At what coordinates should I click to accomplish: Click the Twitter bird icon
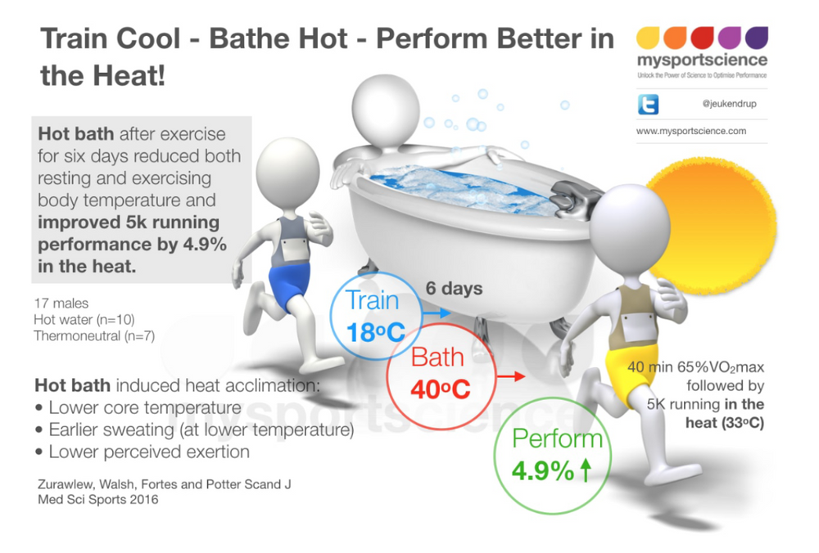point(647,105)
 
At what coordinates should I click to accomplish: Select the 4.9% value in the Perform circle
point(542,471)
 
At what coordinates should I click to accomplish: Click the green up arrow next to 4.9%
point(586,471)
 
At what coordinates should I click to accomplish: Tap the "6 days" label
point(454,288)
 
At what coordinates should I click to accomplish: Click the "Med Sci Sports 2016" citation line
point(97,499)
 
